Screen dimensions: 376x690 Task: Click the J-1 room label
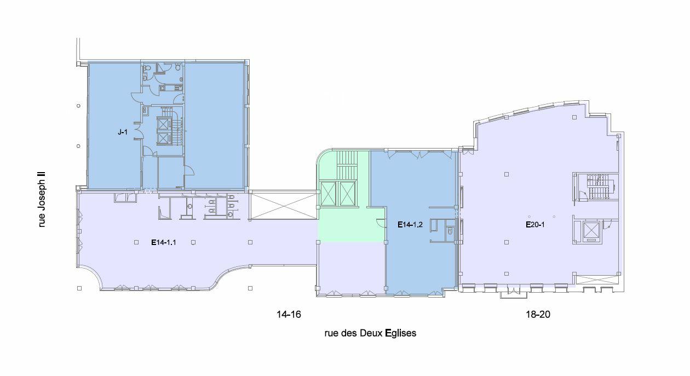point(122,132)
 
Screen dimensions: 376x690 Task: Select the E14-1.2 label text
point(410,224)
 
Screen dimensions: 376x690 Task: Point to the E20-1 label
point(534,225)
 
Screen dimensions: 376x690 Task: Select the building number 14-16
point(289,315)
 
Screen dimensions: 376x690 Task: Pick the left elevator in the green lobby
point(328,193)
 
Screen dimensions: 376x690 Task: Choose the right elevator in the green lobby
point(348,193)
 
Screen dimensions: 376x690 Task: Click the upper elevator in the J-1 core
point(164,123)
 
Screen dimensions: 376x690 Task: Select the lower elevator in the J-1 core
point(164,138)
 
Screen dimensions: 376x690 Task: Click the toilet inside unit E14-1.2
point(449,231)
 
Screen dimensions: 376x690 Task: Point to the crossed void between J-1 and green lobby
point(283,205)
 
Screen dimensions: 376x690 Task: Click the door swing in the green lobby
point(380,222)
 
